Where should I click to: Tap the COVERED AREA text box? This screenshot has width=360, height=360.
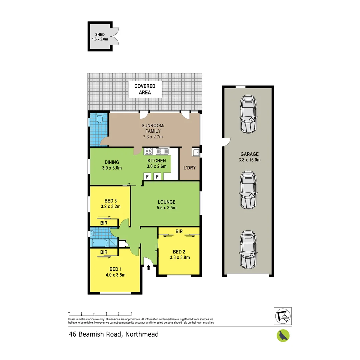click(145, 89)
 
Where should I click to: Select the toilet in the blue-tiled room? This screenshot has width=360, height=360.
click(99, 119)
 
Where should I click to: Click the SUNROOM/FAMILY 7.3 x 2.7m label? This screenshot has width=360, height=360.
click(153, 131)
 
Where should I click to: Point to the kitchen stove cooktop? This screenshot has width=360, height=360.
click(149, 151)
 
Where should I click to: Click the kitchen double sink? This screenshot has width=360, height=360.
click(163, 151)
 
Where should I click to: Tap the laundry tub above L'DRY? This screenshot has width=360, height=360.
click(195, 153)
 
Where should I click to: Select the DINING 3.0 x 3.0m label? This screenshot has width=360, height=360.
click(111, 165)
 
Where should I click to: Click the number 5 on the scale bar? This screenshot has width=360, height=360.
click(131, 313)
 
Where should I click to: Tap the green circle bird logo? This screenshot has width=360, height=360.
click(283, 335)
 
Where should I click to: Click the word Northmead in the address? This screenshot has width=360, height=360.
click(140, 334)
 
